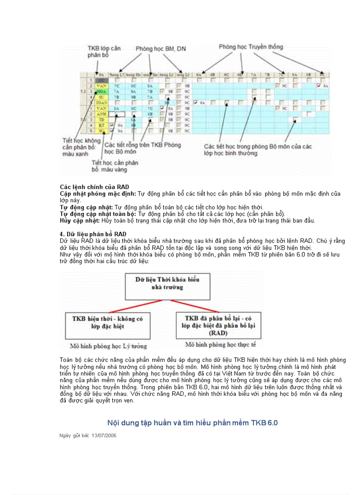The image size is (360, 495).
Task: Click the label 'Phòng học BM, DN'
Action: (161, 49)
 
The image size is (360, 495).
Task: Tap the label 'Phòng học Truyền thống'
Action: (251, 46)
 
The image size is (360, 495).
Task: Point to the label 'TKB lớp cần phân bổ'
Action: (104, 51)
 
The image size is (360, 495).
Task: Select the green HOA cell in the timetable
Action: (101, 91)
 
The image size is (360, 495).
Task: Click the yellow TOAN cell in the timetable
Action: (101, 102)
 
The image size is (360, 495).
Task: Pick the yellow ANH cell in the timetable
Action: (101, 113)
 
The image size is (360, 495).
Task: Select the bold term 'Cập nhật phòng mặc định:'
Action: (98, 194)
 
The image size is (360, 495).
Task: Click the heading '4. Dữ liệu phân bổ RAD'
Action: (93, 234)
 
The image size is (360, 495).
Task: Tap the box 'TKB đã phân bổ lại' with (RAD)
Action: (218, 325)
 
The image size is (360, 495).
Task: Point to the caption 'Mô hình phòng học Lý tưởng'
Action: (109, 346)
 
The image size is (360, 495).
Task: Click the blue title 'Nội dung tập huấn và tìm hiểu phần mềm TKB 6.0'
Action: (192, 423)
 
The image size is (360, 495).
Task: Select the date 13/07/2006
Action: (104, 435)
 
